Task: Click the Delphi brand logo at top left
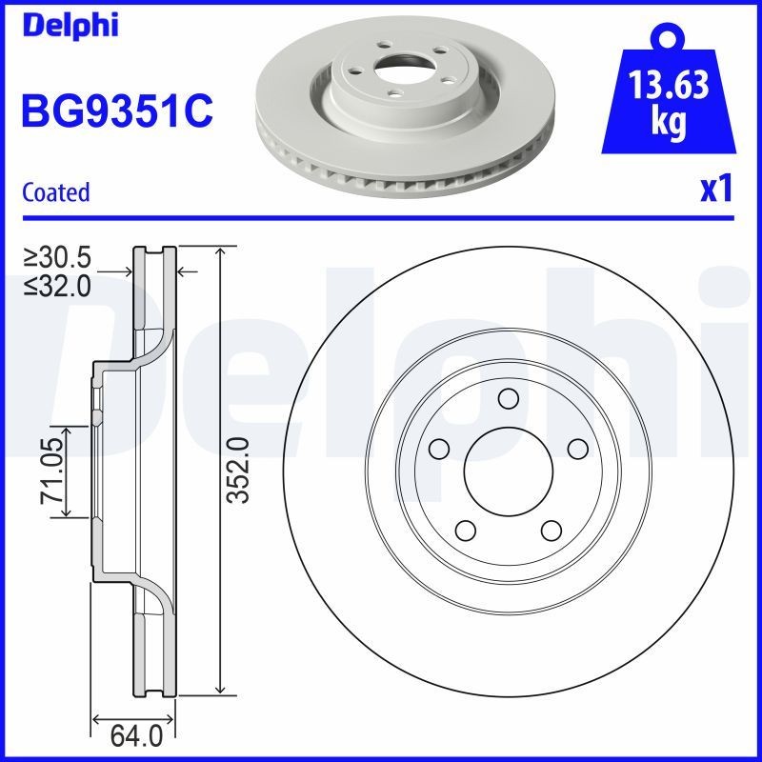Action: (x=69, y=25)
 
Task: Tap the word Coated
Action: (x=55, y=192)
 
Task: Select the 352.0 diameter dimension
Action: (x=239, y=471)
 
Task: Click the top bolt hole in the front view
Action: (x=508, y=398)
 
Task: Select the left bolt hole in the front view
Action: (x=438, y=448)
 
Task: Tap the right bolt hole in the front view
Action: (x=576, y=448)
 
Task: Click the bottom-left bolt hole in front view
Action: (x=465, y=530)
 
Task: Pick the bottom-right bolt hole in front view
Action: (x=551, y=530)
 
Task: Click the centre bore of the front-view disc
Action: (x=508, y=471)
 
